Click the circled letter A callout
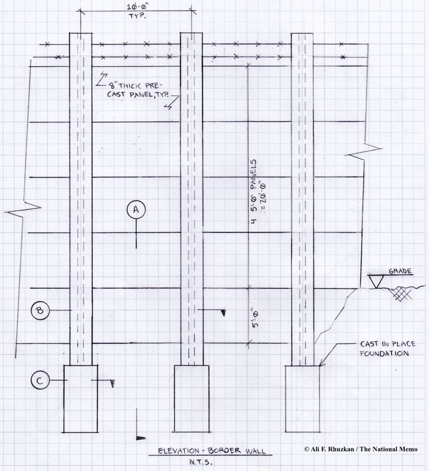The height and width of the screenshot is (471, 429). click(136, 209)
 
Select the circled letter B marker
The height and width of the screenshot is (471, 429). click(40, 311)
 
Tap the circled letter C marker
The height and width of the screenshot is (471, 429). click(40, 380)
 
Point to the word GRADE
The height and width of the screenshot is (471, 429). click(400, 271)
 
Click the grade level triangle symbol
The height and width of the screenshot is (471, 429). click(376, 282)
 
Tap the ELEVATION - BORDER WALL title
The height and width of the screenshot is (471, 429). click(212, 451)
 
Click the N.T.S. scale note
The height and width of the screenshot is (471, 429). click(201, 463)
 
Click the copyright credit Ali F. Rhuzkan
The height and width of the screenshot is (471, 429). click(360, 450)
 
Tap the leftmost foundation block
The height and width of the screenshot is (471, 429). click(81, 399)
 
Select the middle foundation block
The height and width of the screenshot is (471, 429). click(192, 399)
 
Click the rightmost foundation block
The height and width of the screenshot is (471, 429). click(302, 399)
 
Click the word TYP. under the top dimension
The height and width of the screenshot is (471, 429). click(137, 16)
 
